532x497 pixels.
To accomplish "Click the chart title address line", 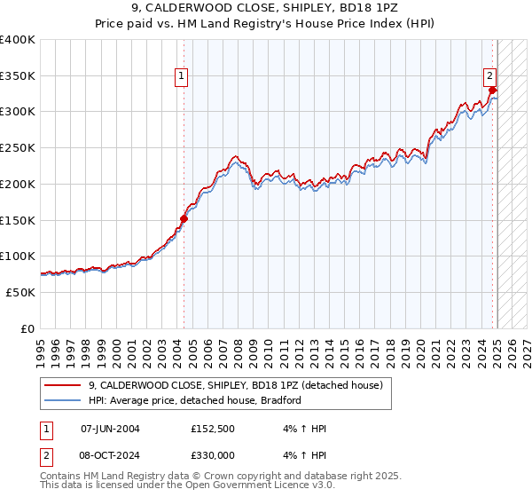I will [x=265, y=10].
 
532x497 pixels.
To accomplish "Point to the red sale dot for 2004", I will [x=184, y=217].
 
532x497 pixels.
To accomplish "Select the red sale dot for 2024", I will [x=493, y=90].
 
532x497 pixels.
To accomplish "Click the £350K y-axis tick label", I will [x=18, y=75].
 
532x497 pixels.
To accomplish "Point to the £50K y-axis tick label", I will [x=20, y=292].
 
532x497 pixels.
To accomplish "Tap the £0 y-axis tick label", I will [x=28, y=328].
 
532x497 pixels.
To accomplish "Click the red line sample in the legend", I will [x=62, y=385].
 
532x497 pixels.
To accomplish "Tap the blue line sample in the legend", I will [x=62, y=400].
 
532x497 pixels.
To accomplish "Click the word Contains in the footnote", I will [x=60, y=477].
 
